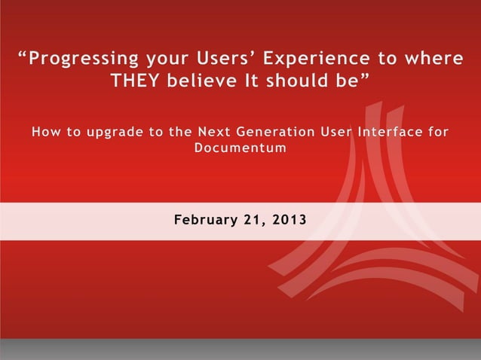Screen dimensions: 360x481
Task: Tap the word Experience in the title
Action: [x=315, y=59]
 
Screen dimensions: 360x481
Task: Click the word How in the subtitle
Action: [x=44, y=133]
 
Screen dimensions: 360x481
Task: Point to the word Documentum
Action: [x=240, y=148]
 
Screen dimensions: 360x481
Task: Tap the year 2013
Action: [x=289, y=221]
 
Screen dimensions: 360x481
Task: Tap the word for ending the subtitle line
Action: [x=437, y=133]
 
